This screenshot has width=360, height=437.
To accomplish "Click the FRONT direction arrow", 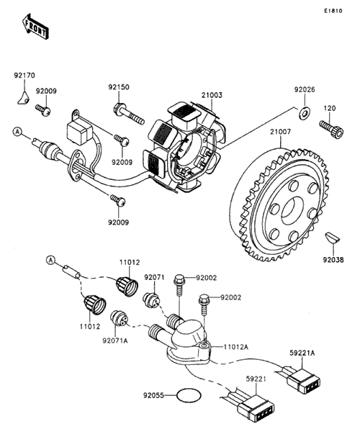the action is coord(35,26).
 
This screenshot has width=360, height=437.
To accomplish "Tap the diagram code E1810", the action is coord(333,11).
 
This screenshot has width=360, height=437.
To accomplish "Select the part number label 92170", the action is coord(24,76).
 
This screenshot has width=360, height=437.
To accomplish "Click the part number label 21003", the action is coord(212,95).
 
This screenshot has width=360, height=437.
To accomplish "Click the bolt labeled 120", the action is coord(332,129).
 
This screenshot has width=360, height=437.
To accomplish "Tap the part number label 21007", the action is coord(280,131).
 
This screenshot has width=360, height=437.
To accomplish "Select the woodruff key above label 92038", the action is coord(332,238).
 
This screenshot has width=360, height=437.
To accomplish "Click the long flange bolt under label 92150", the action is coord(129,114).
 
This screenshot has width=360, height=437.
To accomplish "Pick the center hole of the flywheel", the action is coord(292,210).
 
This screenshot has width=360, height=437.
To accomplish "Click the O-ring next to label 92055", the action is coord(189,395).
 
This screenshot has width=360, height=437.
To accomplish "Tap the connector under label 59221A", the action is coord(303,380).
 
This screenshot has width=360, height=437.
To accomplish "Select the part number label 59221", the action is coord(256,379).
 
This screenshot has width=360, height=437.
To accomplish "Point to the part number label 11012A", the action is coord(235,347).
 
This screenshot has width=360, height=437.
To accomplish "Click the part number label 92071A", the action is coord(115,341).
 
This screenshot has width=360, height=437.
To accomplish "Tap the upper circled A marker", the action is coord(17,132).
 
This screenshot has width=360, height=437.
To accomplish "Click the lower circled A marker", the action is coord(50,261).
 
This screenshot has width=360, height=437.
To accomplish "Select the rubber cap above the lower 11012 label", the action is coord(95,305).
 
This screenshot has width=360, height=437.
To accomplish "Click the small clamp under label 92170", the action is coord(23,98).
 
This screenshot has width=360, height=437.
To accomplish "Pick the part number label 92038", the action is coord(333,260).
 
